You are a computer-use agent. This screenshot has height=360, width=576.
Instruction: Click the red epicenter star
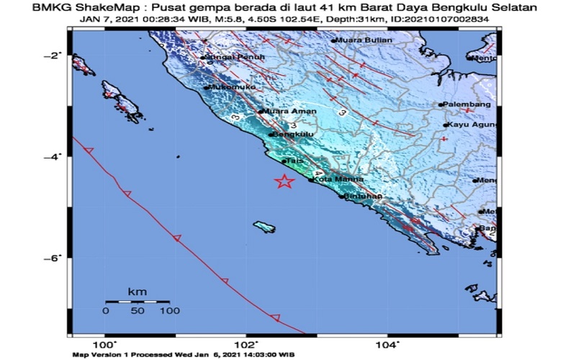(x=285, y=181)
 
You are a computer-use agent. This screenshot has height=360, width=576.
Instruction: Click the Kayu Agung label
(x=472, y=125)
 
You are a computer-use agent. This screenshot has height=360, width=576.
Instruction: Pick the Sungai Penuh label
(x=228, y=57)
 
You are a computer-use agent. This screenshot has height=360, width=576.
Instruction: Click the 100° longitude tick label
(x=105, y=344)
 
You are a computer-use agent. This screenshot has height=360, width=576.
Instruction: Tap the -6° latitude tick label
(x=56, y=258)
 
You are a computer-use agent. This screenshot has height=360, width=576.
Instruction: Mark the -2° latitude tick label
(x=56, y=55)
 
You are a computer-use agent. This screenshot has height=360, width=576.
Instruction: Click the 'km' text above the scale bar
(x=138, y=291)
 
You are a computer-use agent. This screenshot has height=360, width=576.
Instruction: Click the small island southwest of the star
(x=264, y=228)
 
